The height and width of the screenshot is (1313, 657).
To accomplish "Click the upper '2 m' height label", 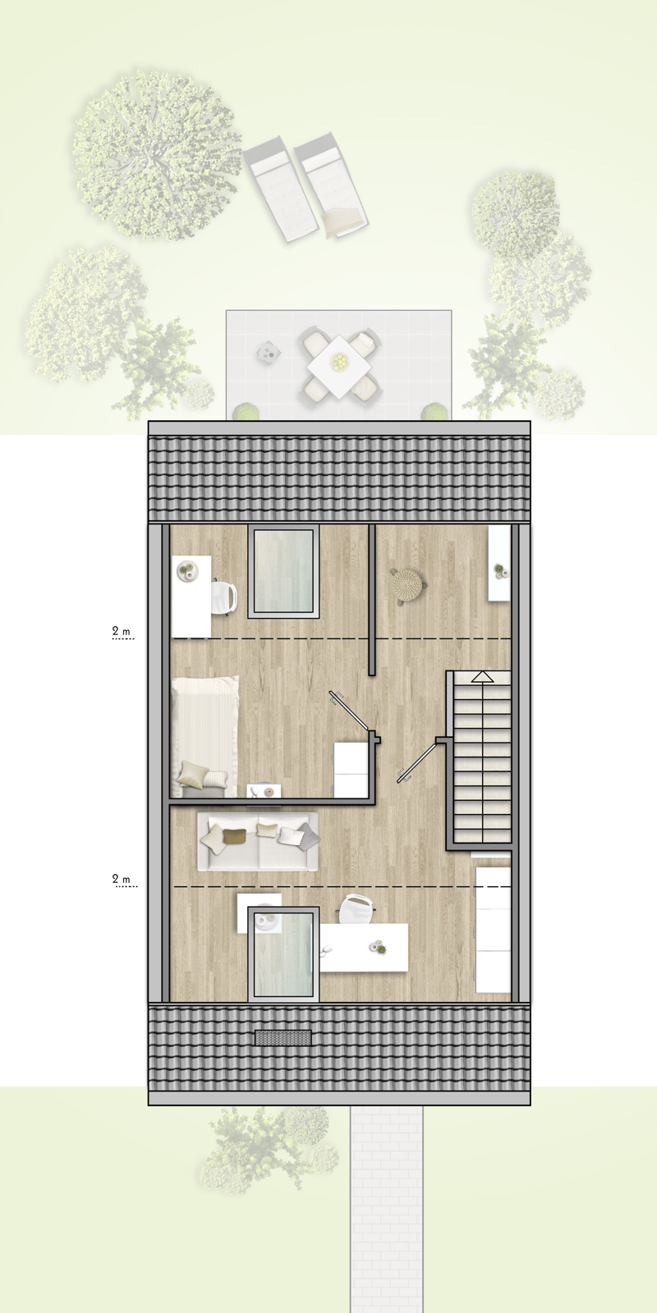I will click(122, 632).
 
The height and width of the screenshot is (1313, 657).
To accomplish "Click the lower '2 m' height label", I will click(122, 880).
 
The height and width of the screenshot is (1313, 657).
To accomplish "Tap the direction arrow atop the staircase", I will click(481, 677).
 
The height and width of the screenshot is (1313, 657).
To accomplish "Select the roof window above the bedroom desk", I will click(283, 571).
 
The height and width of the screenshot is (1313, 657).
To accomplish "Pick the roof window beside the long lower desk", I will click(283, 954).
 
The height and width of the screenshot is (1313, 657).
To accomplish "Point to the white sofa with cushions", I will click(258, 841).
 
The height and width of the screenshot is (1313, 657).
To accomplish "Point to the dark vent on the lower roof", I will click(283, 1038).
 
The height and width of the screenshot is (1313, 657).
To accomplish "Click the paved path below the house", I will click(385, 1206).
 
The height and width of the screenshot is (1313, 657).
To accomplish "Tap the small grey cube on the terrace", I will click(268, 351).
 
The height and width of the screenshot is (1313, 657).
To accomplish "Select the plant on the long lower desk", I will click(379, 948).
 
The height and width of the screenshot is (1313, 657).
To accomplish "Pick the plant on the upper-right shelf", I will click(498, 570).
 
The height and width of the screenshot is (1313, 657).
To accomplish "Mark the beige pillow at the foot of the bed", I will click(194, 771).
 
